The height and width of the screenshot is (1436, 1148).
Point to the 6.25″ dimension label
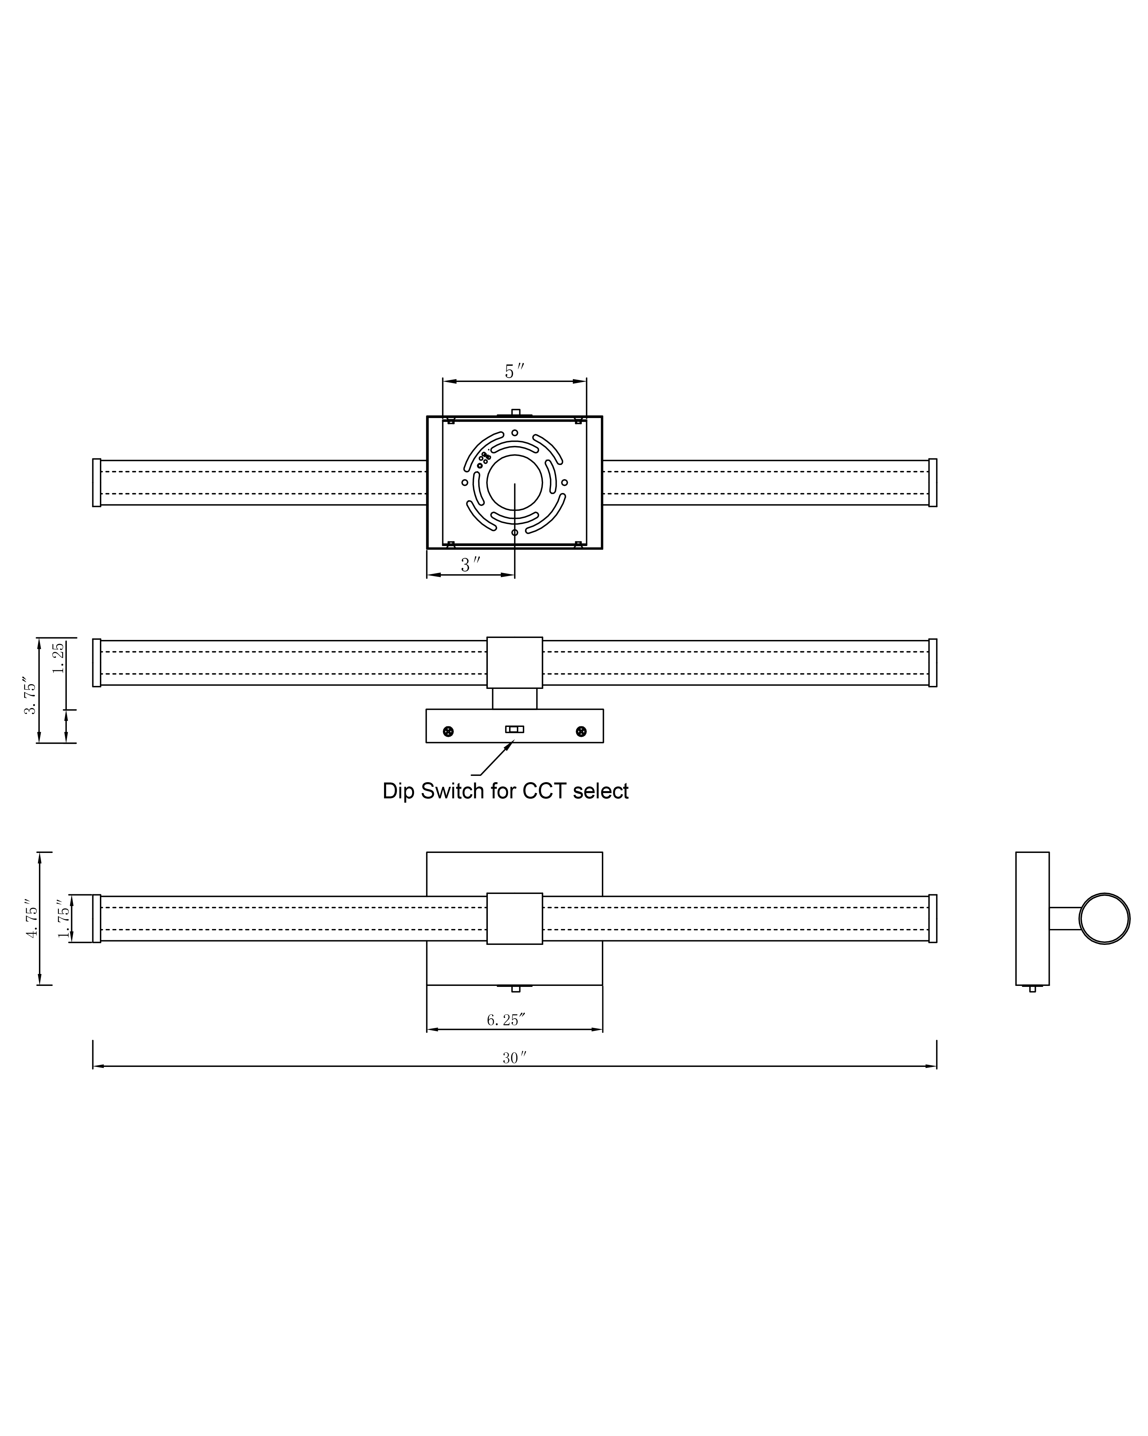pyautogui.click(x=506, y=1020)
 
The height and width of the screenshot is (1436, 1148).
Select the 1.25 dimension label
pyautogui.click(x=59, y=657)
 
